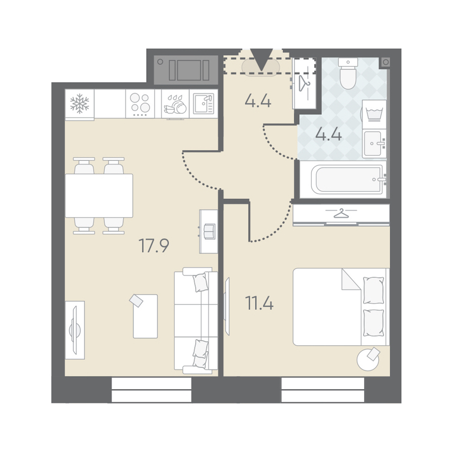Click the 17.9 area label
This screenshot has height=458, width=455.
pyautogui.click(x=154, y=245)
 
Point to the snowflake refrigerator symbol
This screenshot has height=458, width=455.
pyautogui.click(x=79, y=104)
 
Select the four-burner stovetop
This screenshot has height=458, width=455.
pyautogui.click(x=140, y=104)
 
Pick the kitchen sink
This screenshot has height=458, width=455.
pyautogui.click(x=204, y=104)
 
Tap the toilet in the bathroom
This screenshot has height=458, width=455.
pyautogui.click(x=348, y=73)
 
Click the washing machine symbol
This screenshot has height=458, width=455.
pyautogui.click(x=375, y=114)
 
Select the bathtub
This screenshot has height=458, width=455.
pyautogui.click(x=347, y=179)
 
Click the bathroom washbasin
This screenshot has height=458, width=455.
pyautogui.click(x=374, y=144)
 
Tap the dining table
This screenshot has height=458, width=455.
pyautogui.click(x=99, y=196)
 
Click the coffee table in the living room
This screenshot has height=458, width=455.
pyautogui.click(x=145, y=316)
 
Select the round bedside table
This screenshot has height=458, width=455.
pyautogui.click(x=368, y=360)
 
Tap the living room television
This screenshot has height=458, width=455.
pyautogui.click(x=75, y=330)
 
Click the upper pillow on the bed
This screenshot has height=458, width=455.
pyautogui.click(x=373, y=290)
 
